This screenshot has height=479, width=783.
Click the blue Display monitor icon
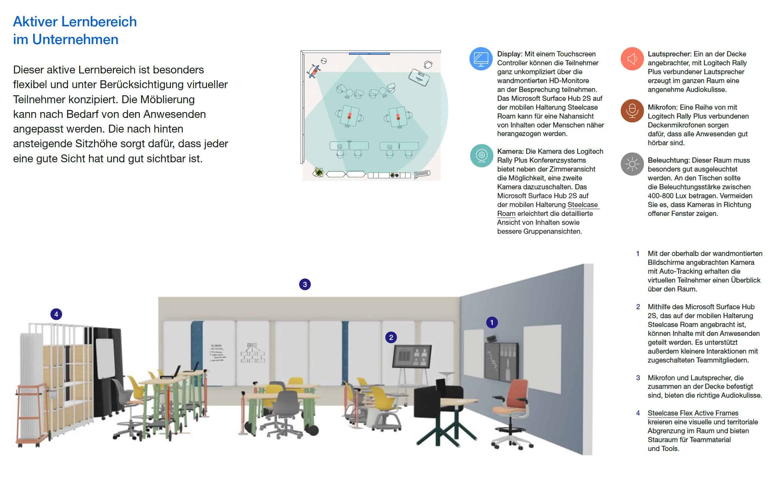pos(481,59)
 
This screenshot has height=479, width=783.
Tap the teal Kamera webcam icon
pos(481,155)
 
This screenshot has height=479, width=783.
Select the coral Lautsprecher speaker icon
pos(632,59)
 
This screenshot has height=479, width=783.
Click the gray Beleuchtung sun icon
pos(632,164)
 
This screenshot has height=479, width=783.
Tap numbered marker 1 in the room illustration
pos(492,322)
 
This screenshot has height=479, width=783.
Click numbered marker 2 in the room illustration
pos(391,338)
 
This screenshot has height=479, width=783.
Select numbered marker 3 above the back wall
pos(305,284)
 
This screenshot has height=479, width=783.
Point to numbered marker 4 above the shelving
pos(56,314)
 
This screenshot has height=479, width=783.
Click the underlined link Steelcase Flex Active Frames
pos(693,413)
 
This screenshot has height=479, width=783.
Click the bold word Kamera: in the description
pos(511,151)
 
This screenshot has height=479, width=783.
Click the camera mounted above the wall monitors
pos(492,339)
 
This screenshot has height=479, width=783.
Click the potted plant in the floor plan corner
pos(318,172)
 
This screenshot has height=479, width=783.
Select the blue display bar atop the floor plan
pos(369,53)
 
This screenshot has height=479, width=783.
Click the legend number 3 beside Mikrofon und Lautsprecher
pos(638,378)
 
